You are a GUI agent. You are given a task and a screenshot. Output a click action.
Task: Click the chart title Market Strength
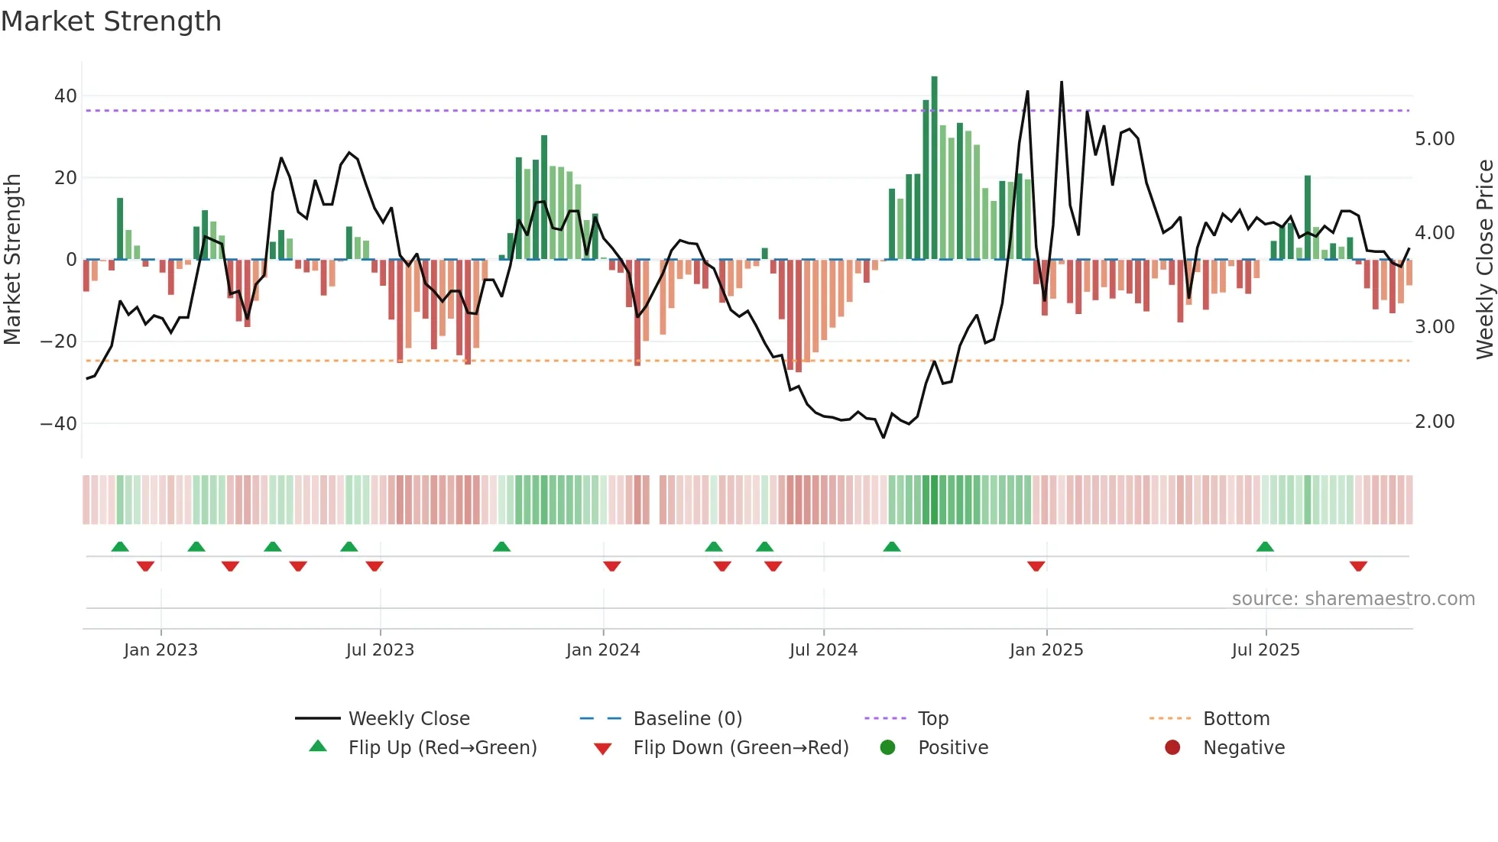pyautogui.click(x=111, y=21)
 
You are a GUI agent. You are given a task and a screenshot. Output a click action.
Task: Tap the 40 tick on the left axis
pyautogui.click(x=65, y=96)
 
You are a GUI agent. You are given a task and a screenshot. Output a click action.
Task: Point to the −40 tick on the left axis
pyautogui.click(x=59, y=423)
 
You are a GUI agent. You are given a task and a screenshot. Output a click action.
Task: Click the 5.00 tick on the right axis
pyautogui.click(x=1435, y=139)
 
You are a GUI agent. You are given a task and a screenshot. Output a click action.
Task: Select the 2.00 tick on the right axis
pyautogui.click(x=1435, y=422)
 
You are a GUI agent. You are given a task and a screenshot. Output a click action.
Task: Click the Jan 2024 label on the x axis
pyautogui.click(x=602, y=650)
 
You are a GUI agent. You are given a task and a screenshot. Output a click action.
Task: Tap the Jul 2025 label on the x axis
pyautogui.click(x=1265, y=650)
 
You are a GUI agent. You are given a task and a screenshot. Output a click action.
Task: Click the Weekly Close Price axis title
pyautogui.click(x=1484, y=260)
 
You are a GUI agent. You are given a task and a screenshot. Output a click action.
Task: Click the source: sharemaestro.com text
pyautogui.click(x=1353, y=599)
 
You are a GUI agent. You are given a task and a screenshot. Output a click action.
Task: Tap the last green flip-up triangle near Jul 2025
pyautogui.click(x=1265, y=547)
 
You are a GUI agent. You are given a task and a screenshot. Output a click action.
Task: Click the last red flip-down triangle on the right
pyautogui.click(x=1358, y=566)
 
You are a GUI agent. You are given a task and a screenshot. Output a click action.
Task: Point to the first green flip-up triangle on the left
pyautogui.click(x=120, y=547)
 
